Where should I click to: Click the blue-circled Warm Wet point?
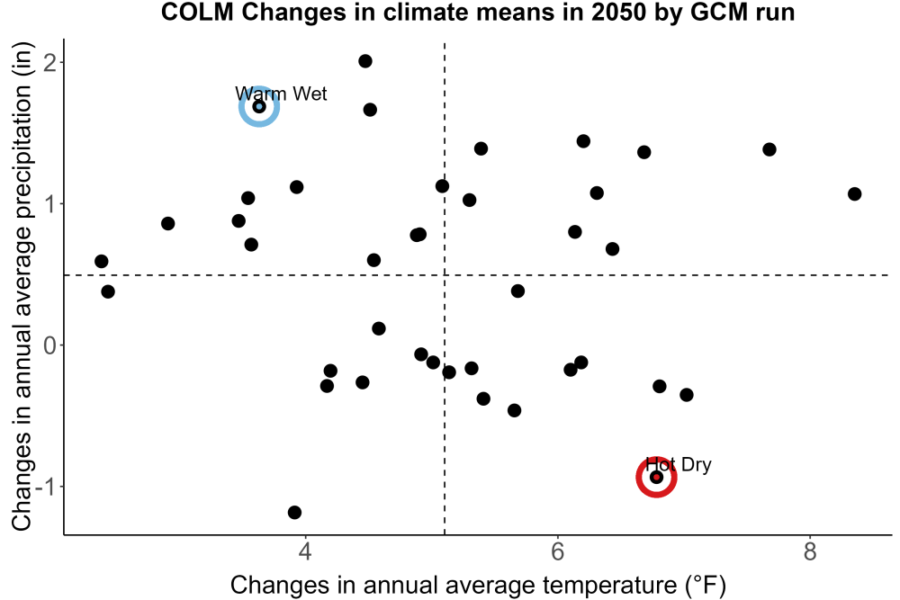[x=259, y=106]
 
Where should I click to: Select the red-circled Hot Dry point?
[x=657, y=478]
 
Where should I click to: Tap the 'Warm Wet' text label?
[x=281, y=94]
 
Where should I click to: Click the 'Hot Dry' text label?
[x=678, y=464]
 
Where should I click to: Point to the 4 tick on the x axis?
[x=305, y=551]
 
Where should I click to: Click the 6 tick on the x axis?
[x=557, y=551]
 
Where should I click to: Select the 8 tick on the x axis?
[x=809, y=551]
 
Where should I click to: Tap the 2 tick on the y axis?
[x=50, y=61]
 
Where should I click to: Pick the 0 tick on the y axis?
[x=50, y=345]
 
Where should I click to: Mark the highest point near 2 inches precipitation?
[x=365, y=61]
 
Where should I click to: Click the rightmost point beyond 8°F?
[x=855, y=194]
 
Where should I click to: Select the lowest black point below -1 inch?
[x=294, y=512]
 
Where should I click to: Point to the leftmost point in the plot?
[x=101, y=262]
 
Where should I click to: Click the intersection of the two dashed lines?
[x=445, y=275]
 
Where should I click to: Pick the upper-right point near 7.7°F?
[x=769, y=149]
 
